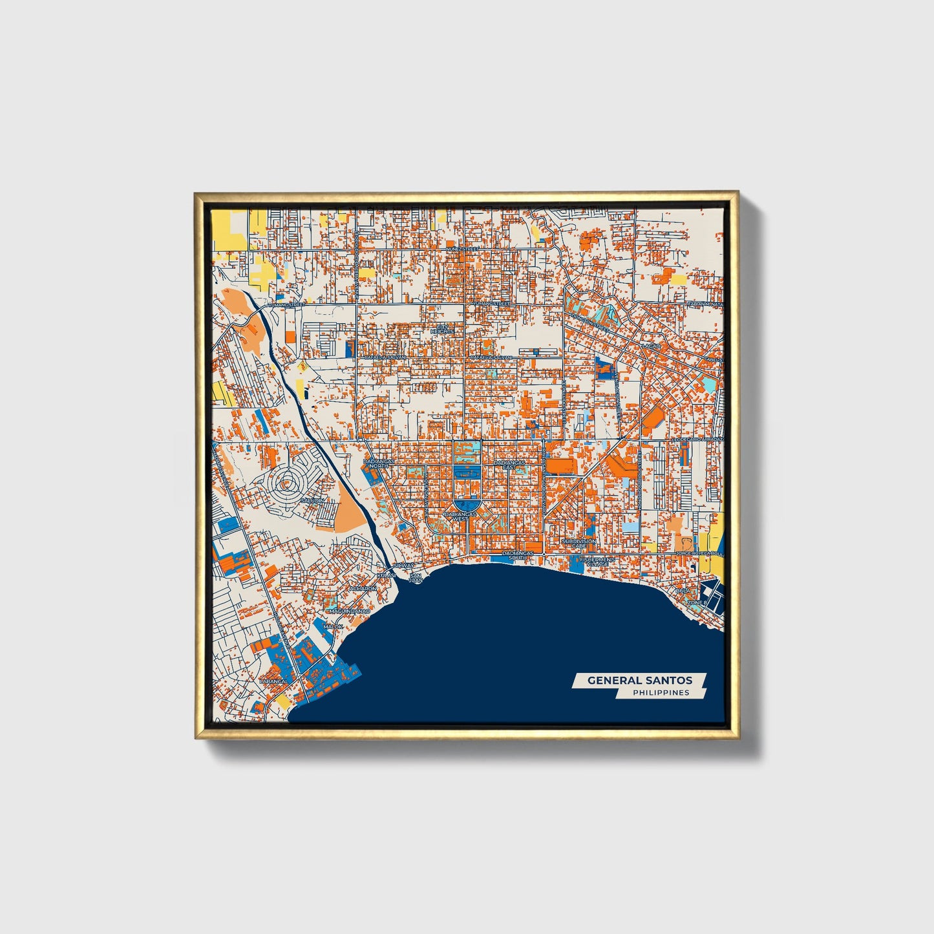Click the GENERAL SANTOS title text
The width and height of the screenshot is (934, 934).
coord(639,680)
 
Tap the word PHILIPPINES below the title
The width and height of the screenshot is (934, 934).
coord(661,693)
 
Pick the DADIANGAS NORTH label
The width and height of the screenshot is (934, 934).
coord(377,465)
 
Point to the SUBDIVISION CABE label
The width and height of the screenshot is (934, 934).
coord(578,544)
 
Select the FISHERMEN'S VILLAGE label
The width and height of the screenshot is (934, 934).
coord(594,561)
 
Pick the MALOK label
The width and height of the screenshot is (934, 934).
coord(334,626)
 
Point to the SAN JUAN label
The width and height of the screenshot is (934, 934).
coord(416,578)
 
